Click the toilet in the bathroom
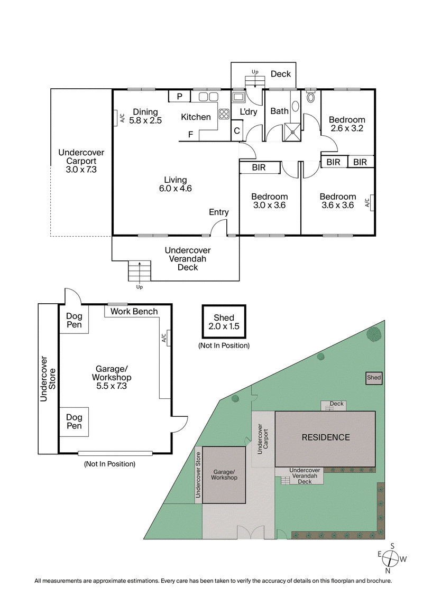310,97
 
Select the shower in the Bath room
292,129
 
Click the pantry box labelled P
180,96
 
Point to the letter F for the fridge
190,135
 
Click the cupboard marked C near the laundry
237,130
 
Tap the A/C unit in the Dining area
115,118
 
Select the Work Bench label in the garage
134,312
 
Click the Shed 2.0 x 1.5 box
224,322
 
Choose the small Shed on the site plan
374,378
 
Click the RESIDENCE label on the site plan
326,437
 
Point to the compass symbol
390,558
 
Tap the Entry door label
218,212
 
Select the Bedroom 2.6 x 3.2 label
347,128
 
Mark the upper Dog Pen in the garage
74,320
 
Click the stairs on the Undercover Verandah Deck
140,272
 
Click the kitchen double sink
208,97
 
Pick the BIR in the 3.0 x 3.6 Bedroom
259,168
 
